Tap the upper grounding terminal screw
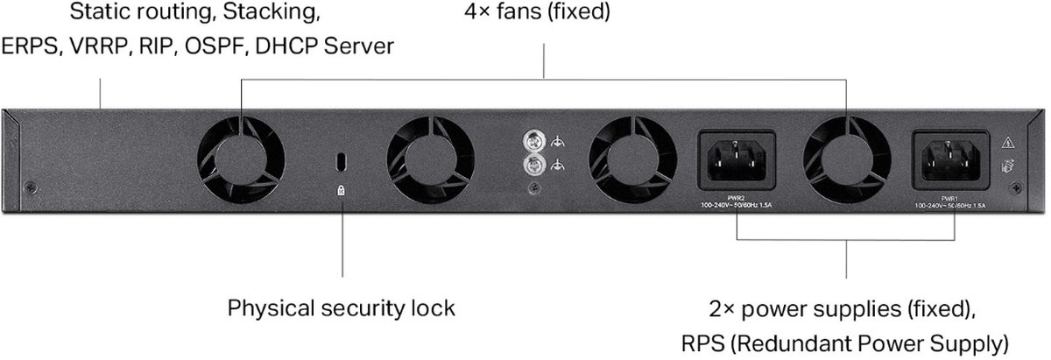tap(531, 140)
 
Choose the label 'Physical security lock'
tap(342, 308)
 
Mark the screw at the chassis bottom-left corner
tap(32, 187)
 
